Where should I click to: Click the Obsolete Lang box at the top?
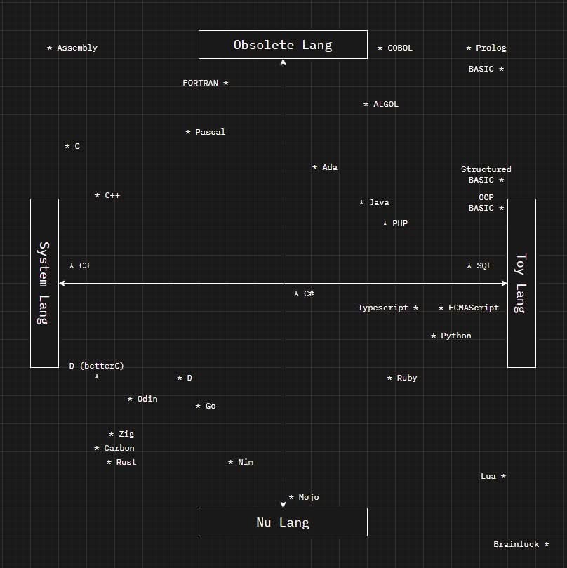click(x=283, y=45)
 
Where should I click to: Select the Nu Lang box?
click(x=283, y=522)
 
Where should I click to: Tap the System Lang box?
click(x=44, y=283)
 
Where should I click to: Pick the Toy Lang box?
click(x=521, y=283)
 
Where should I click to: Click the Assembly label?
click(x=77, y=48)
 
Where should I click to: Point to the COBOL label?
click(x=400, y=48)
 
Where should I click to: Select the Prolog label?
click(x=491, y=48)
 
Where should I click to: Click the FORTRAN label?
click(x=201, y=84)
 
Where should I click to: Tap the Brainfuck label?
click(x=516, y=545)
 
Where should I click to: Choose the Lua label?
click(x=488, y=477)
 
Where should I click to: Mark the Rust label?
click(x=126, y=463)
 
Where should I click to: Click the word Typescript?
click(x=383, y=308)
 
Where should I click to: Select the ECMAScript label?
click(x=474, y=308)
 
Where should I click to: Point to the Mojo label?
click(x=309, y=498)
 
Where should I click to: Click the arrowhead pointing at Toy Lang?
click(x=504, y=284)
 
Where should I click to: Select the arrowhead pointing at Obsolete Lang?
click(x=283, y=62)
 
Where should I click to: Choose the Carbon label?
click(x=119, y=449)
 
